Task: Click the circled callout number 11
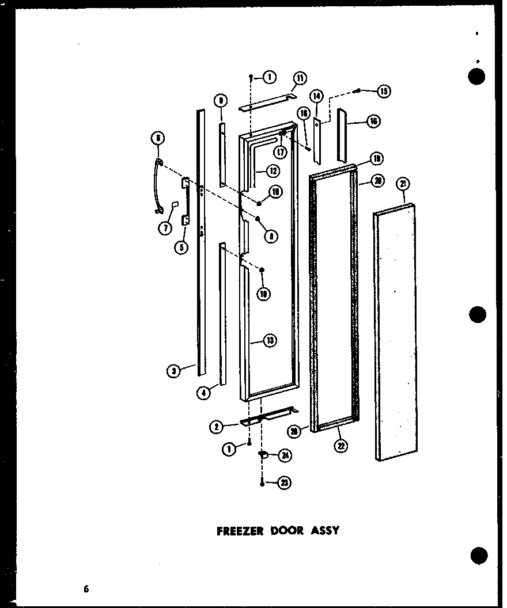click(300, 78)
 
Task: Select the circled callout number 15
click(384, 90)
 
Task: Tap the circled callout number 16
click(374, 121)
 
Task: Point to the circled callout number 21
click(403, 184)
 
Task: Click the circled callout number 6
click(157, 138)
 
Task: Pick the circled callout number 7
click(165, 228)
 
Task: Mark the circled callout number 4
click(202, 393)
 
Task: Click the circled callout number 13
click(270, 341)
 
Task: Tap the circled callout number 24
click(284, 455)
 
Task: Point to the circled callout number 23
click(283, 484)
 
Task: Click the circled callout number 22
click(342, 445)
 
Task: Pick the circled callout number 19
click(376, 158)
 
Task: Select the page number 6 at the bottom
click(86, 588)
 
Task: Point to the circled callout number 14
click(316, 96)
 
